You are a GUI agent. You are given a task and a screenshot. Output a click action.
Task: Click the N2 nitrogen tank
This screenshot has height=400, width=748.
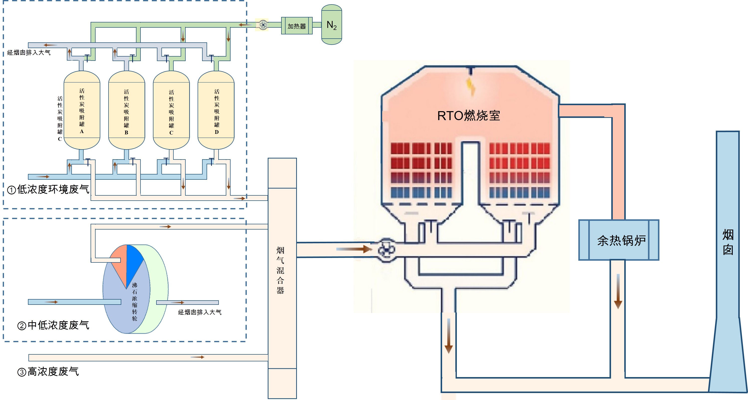[x=331, y=25]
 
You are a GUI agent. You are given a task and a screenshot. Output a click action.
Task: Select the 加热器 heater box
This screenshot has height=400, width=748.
[x=296, y=26]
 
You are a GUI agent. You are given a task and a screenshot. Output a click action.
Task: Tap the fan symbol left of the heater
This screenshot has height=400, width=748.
[x=263, y=25]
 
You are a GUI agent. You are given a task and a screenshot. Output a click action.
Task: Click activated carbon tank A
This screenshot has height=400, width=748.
[x=82, y=110]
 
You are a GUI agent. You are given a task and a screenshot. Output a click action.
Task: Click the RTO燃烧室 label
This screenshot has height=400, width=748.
[x=468, y=116]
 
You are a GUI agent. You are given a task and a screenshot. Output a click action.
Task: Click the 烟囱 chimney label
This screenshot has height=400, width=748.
[x=728, y=242]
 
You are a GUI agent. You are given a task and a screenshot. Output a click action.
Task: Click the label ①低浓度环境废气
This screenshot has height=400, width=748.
[x=48, y=190]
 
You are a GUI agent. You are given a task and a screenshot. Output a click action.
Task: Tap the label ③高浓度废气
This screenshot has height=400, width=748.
[x=48, y=372]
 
